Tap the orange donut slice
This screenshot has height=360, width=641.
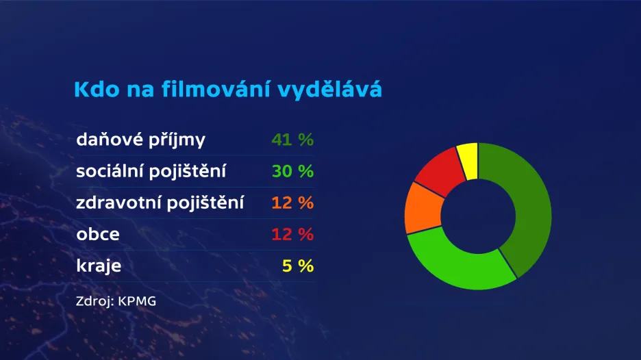coord(423,208)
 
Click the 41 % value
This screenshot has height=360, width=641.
coord(292,140)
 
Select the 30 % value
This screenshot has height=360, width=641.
coord(292,171)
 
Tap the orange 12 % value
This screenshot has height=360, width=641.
coord(292,203)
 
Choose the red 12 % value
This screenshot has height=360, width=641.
coord(292,234)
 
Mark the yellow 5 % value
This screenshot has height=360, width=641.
coord(298,266)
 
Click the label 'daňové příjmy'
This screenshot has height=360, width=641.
coord(140,140)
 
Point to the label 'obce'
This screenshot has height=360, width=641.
coord(98,234)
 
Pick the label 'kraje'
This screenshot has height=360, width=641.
coord(99,266)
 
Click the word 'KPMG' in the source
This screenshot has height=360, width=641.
coord(137,301)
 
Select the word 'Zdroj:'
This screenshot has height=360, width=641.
coord(95,302)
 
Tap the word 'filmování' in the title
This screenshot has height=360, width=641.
coord(216,89)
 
